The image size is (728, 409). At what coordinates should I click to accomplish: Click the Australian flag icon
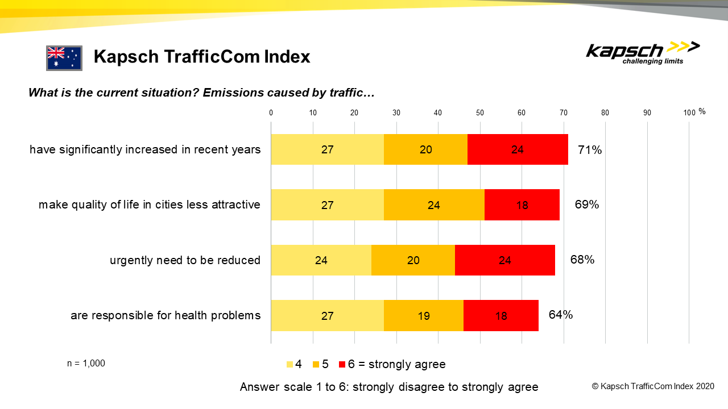(64, 58)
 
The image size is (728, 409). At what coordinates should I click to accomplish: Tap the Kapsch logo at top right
(643, 53)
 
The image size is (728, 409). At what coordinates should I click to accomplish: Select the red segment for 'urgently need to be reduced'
(504, 260)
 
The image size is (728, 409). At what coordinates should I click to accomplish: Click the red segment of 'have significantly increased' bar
(518, 149)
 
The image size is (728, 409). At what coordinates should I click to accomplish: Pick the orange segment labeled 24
(433, 204)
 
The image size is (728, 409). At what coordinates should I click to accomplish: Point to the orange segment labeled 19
(424, 315)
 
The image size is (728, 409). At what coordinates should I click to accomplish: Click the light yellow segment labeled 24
(321, 260)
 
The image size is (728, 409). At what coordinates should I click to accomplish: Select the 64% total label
(560, 315)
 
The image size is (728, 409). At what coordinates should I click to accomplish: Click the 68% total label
(582, 260)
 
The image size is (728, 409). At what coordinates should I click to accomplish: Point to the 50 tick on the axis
(479, 112)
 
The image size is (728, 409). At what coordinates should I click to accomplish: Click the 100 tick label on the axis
(689, 112)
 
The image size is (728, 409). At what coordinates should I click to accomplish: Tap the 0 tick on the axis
(271, 112)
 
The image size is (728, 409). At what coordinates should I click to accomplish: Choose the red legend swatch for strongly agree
(342, 364)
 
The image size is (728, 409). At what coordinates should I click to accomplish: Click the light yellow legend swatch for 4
(289, 364)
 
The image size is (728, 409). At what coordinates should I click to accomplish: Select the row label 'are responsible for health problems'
(166, 315)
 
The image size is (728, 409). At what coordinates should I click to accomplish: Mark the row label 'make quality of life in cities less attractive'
(150, 204)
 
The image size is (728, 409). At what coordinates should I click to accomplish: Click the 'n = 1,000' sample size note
(86, 364)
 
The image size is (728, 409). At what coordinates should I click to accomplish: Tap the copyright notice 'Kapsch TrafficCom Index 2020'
(653, 386)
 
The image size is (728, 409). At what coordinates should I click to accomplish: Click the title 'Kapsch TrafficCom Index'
(202, 57)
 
